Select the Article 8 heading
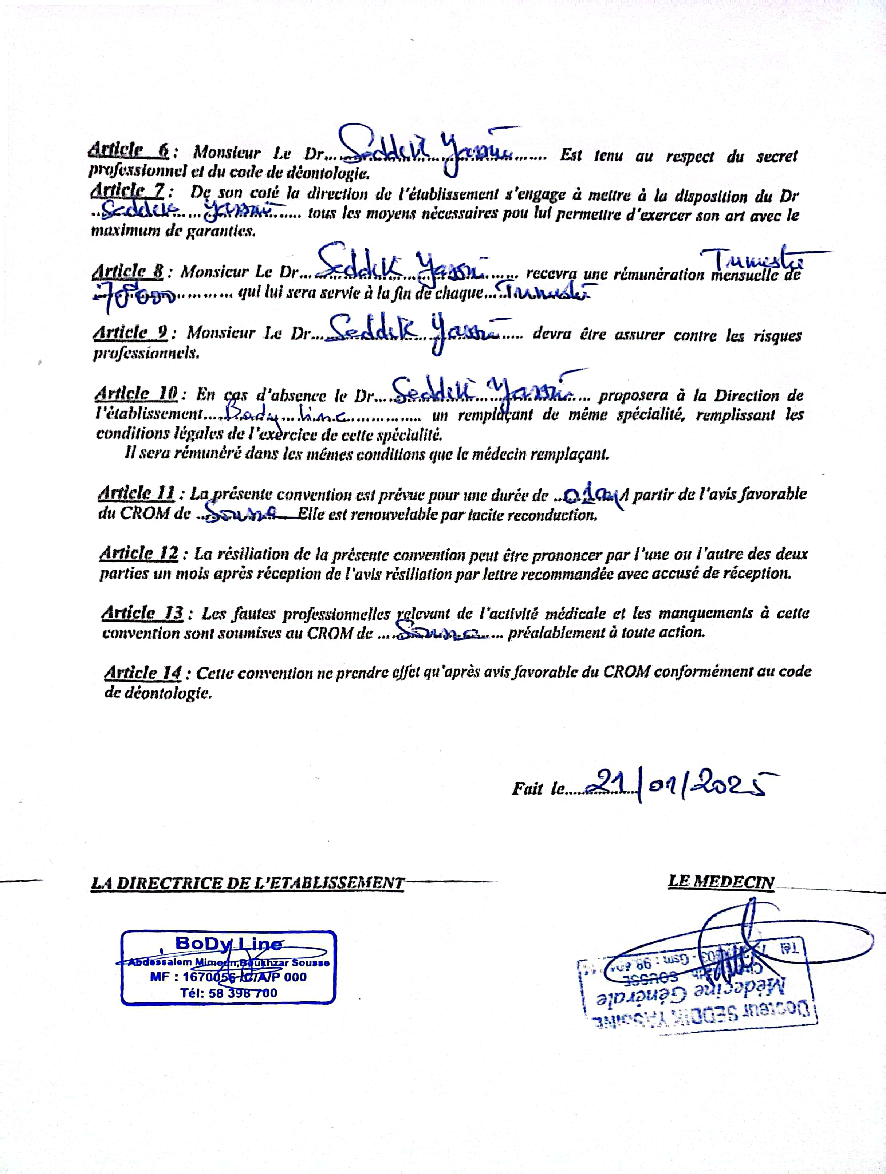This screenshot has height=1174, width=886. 128,272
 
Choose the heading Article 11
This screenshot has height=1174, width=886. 137,493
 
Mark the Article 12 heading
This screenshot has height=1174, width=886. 139,553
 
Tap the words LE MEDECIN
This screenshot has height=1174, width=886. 720,882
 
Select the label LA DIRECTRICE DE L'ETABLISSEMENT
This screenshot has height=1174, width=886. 247,883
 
